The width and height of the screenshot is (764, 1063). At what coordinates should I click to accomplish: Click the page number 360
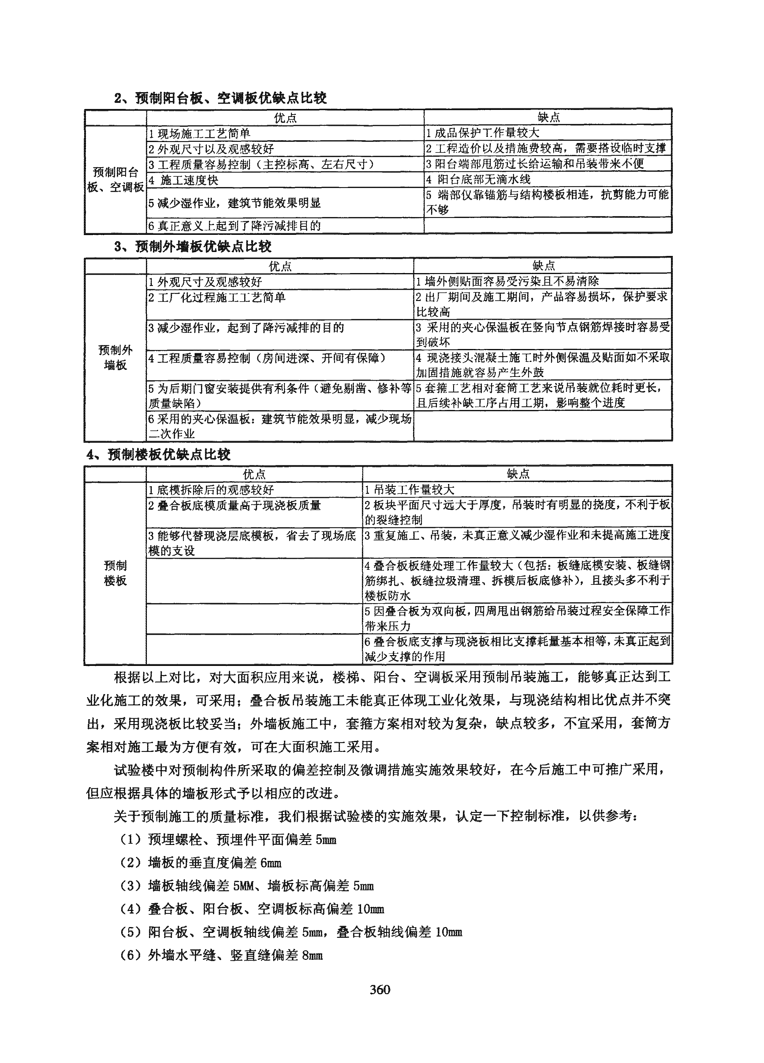(380, 990)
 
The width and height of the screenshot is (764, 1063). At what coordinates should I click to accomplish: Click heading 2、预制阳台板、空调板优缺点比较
(220, 98)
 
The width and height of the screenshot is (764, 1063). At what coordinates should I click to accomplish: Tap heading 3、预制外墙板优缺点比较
(192, 246)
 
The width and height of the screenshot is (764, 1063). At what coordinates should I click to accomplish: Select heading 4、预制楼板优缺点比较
(158, 454)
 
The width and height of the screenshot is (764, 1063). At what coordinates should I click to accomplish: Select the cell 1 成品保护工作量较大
(483, 133)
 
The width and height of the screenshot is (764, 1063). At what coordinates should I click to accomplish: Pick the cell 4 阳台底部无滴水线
(478, 179)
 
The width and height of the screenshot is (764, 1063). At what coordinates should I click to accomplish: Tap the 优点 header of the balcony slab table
(285, 118)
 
